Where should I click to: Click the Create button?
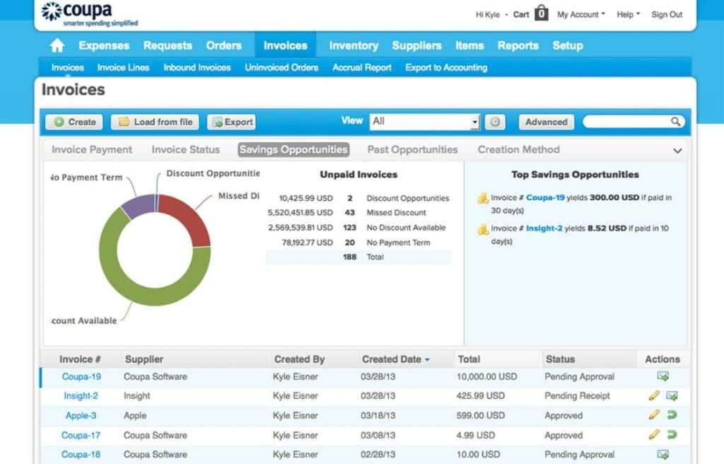click(x=74, y=122)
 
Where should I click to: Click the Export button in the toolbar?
click(x=231, y=122)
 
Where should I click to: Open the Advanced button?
click(x=546, y=122)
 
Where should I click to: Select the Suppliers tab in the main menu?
click(x=416, y=45)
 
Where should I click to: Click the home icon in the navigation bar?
click(x=57, y=46)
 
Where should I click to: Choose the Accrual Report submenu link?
click(x=362, y=68)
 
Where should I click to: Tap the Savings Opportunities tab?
click(x=293, y=150)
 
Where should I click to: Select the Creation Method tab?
click(x=518, y=150)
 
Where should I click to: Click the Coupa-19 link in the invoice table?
click(x=81, y=377)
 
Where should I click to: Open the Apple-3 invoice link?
click(x=81, y=416)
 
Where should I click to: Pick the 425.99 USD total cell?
click(x=481, y=396)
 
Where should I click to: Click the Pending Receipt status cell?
click(x=577, y=396)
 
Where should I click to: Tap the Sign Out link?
click(x=667, y=14)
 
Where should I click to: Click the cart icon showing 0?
click(x=541, y=13)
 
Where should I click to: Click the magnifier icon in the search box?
click(x=676, y=122)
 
